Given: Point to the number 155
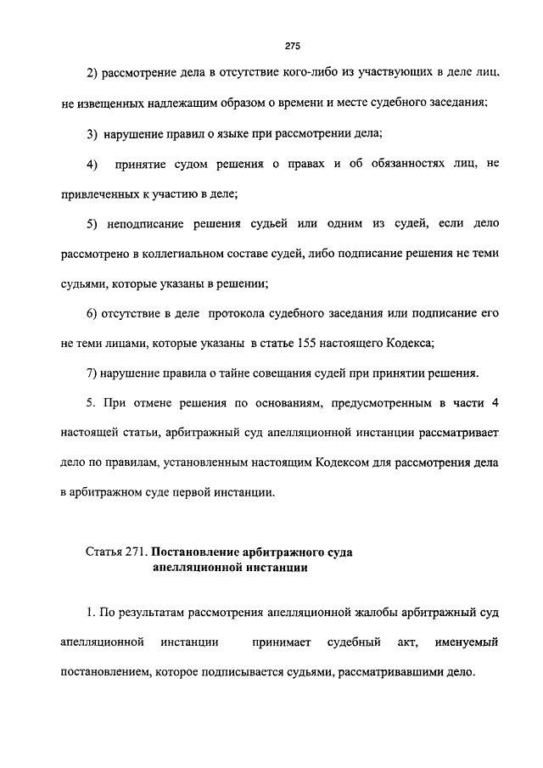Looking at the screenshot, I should tap(308, 343).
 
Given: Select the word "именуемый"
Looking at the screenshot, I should tap(464, 642).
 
